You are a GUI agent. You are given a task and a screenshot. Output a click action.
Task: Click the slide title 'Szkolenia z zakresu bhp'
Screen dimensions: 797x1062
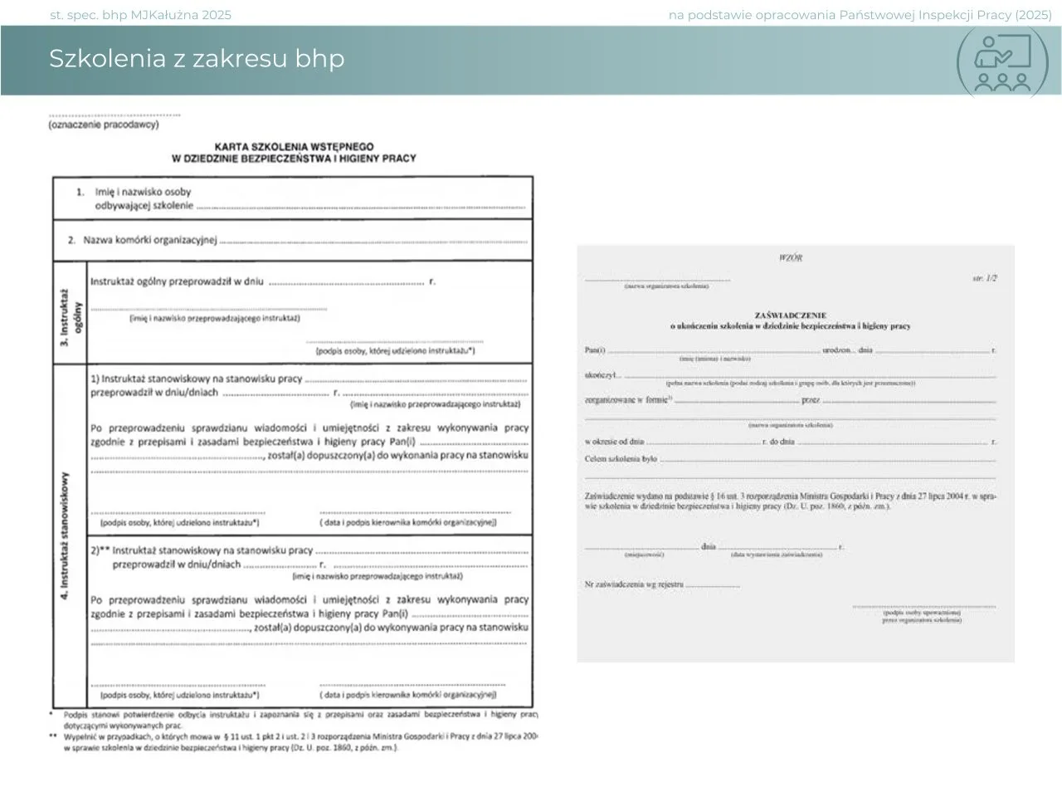[196, 59]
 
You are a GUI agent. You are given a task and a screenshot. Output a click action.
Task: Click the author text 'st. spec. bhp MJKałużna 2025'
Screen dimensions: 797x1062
[141, 15]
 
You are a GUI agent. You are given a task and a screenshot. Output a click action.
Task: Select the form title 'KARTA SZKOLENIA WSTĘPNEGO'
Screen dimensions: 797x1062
[294, 146]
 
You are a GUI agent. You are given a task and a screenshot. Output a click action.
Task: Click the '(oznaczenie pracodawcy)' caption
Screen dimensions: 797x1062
[103, 125]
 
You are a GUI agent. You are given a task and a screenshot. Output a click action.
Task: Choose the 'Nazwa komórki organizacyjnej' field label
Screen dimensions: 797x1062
[149, 240]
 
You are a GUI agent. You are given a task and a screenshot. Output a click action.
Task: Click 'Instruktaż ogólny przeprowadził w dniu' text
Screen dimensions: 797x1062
[177, 281]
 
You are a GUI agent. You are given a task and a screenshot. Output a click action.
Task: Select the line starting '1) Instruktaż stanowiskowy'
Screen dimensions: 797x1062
[197, 379]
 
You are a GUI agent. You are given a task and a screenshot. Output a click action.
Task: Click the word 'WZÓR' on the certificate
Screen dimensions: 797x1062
[791, 258]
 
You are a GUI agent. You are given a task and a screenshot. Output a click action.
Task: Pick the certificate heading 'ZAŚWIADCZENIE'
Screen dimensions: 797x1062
[790, 315]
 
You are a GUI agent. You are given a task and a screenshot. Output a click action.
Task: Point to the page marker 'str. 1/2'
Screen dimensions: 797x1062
[984, 278]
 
